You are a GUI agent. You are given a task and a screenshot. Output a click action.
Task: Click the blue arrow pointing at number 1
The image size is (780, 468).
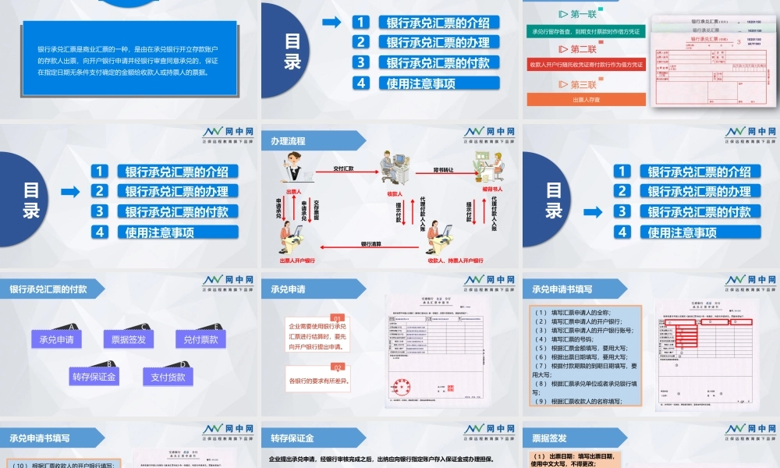click(x=331, y=23)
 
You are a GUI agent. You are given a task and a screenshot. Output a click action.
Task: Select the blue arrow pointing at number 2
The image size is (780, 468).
click(x=70, y=191)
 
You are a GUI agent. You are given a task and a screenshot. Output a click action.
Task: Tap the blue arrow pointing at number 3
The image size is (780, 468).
click(x=592, y=211)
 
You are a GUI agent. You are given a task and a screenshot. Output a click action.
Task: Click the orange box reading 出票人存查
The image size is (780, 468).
click(x=587, y=100)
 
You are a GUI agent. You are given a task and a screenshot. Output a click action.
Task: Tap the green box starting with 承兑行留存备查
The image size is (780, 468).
click(x=586, y=32)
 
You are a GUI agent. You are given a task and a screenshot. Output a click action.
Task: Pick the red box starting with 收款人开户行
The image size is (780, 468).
click(x=586, y=65)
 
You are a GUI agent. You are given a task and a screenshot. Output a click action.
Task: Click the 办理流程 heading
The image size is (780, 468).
click(x=288, y=142)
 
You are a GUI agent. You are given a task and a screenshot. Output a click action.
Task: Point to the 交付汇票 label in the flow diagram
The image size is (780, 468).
click(x=343, y=168)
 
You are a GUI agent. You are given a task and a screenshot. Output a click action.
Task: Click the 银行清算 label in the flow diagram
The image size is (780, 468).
click(x=371, y=244)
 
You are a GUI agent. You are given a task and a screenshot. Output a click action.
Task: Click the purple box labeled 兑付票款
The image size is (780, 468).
click(x=200, y=339)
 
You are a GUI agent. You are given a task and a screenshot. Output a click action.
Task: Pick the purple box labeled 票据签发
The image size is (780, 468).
click(x=129, y=339)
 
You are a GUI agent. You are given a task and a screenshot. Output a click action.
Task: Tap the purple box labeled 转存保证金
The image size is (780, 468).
click(x=94, y=378)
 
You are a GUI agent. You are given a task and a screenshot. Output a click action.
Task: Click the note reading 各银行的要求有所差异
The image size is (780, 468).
click(x=318, y=381)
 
